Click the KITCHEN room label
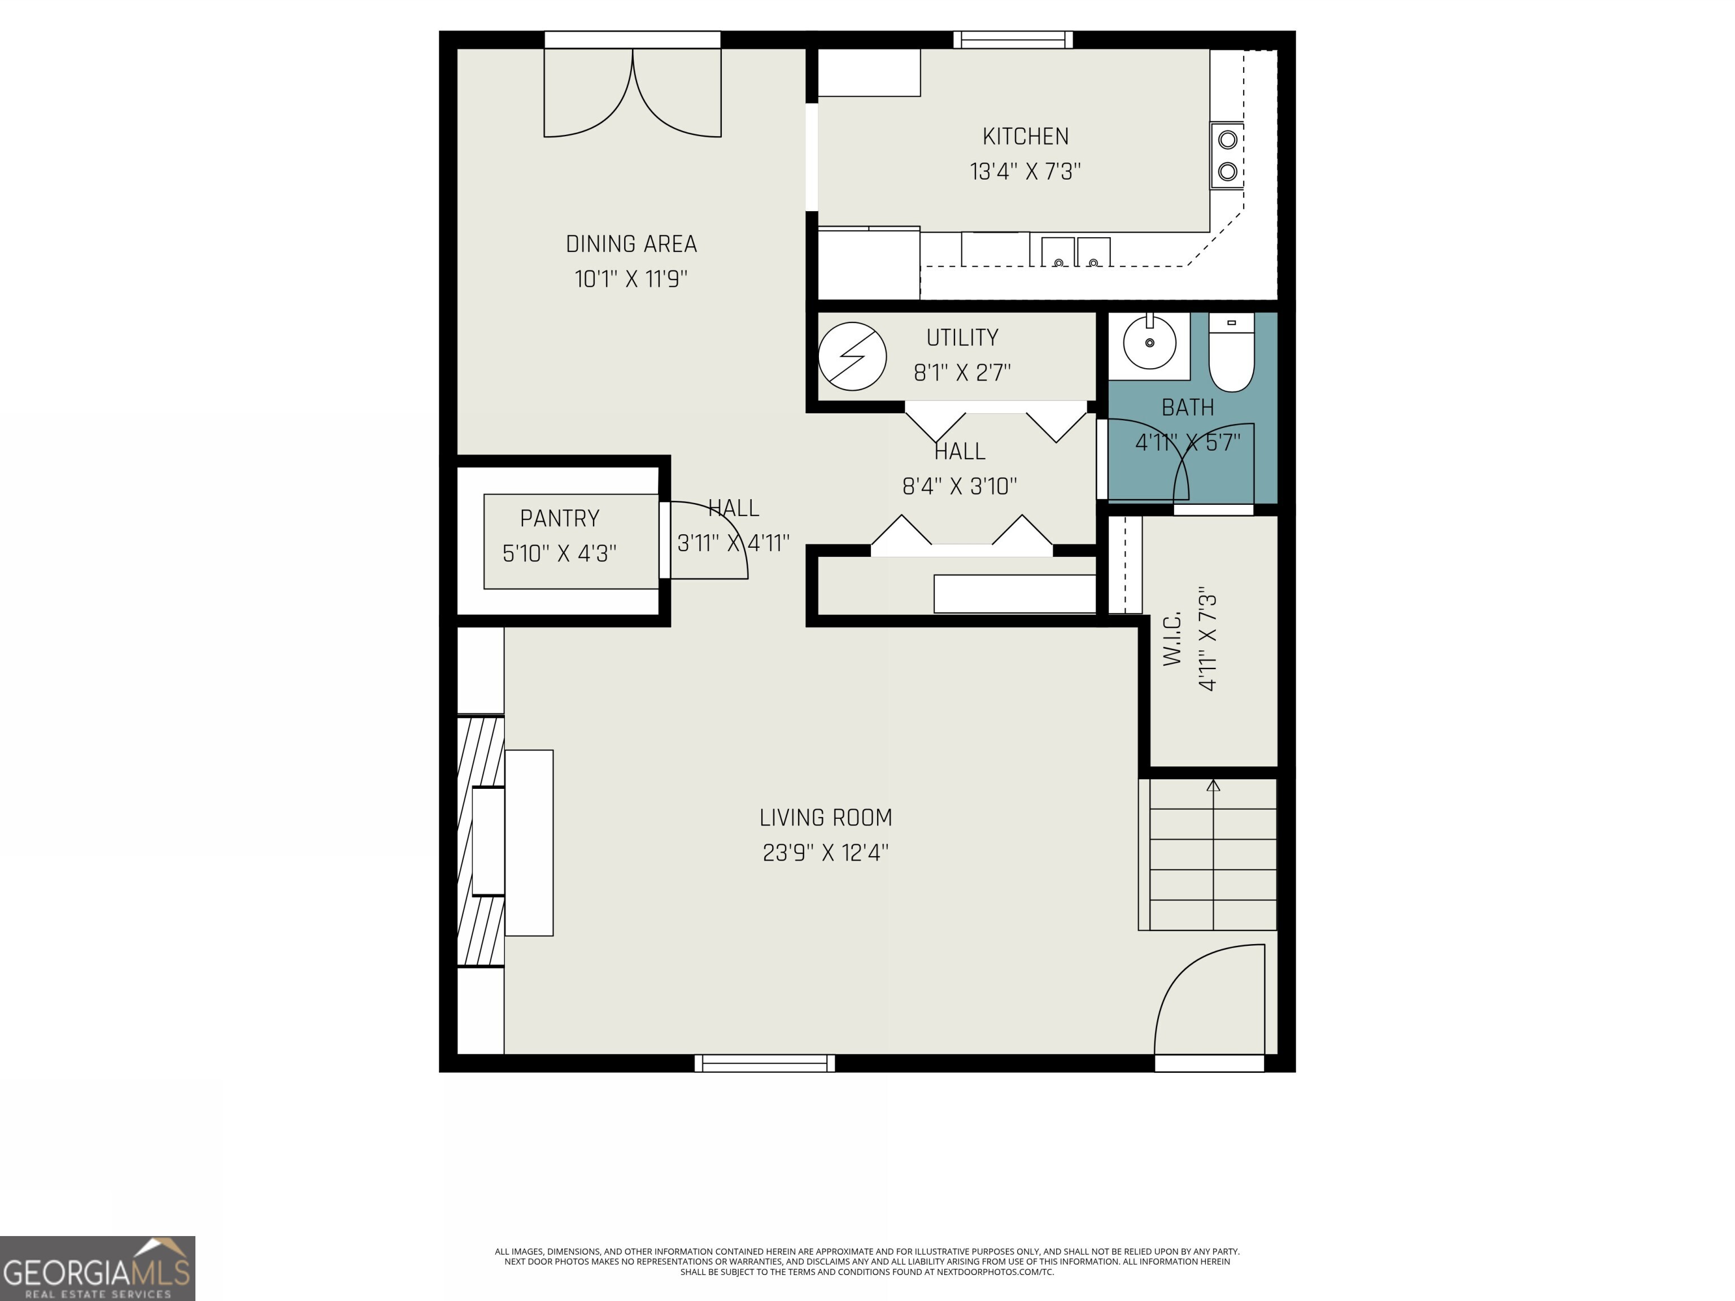1025,137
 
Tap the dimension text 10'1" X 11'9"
631,279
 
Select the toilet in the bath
1231,353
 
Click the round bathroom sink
1149,343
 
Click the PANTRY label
559,518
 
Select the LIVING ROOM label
825,818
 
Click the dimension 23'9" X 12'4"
825,853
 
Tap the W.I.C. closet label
1172,639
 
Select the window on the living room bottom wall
765,1063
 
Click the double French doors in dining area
632,93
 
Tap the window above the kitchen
1013,39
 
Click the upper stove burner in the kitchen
1227,139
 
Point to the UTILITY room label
962,338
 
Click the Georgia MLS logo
97,1268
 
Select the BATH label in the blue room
1188,408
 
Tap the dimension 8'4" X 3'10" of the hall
959,487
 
